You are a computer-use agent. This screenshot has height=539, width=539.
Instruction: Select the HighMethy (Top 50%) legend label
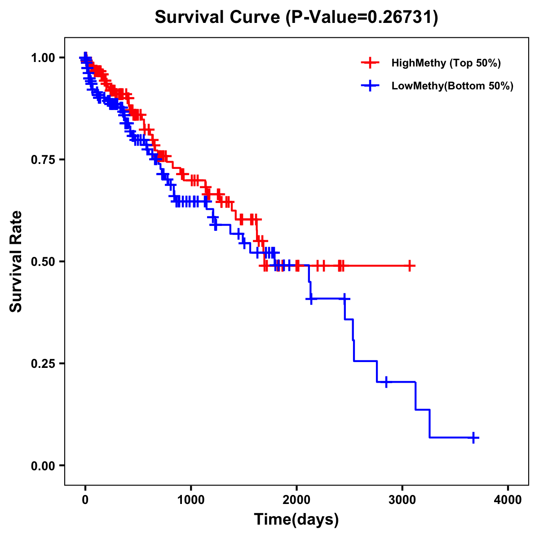[x=446, y=63]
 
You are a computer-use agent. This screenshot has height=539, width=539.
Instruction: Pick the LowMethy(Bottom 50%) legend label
[x=452, y=86]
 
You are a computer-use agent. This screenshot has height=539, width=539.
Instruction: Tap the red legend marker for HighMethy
[x=370, y=63]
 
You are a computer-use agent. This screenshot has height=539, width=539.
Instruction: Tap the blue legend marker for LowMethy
[x=370, y=86]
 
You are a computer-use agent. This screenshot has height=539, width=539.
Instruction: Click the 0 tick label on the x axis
[x=85, y=500]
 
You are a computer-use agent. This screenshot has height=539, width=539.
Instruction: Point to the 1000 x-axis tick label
[x=191, y=500]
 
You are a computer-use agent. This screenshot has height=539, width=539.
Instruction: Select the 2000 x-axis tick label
[x=296, y=500]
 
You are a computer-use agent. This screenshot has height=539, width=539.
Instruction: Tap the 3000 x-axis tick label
[x=402, y=500]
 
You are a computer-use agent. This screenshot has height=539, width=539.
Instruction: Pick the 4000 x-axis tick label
[x=508, y=500]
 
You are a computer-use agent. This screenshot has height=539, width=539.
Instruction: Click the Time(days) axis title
[x=296, y=520]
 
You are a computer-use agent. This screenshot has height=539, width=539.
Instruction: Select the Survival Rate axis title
[x=16, y=261]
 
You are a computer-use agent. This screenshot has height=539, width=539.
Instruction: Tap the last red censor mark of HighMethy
[x=410, y=265]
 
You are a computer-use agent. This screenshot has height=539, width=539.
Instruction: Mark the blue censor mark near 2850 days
[x=386, y=382]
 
